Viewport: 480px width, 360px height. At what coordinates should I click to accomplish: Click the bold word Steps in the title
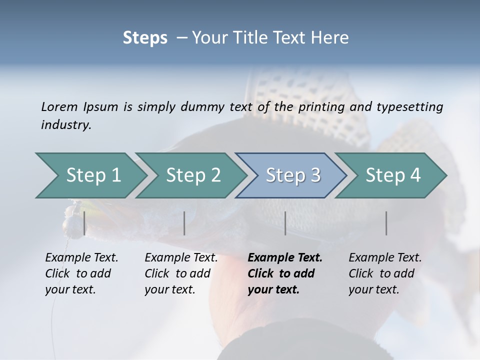[x=145, y=37]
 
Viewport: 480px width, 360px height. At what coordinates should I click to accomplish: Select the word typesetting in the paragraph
[x=409, y=106]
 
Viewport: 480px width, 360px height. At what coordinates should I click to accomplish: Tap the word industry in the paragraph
[x=65, y=124]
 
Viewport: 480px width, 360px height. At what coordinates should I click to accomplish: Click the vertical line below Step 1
[x=84, y=223]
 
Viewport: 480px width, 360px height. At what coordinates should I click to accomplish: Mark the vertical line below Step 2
[x=184, y=223]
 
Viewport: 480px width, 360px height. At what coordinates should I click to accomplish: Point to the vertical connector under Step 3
[x=285, y=223]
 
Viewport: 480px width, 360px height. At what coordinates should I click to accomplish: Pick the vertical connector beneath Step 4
[x=386, y=223]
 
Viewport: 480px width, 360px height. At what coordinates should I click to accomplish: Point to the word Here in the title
[x=332, y=37]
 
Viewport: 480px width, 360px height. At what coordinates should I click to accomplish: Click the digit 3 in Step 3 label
[x=315, y=175]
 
